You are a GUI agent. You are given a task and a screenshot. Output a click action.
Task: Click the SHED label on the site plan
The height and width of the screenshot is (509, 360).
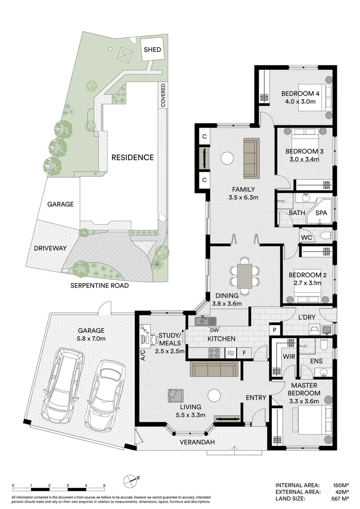152,49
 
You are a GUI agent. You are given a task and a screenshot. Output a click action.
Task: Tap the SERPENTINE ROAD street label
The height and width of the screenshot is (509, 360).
99,286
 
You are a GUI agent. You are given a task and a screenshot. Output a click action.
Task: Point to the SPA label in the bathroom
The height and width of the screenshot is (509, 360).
321,213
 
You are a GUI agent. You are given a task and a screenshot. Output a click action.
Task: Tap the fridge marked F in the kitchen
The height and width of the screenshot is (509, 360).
245,353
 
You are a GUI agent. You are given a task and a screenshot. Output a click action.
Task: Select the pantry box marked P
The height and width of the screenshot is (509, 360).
275,330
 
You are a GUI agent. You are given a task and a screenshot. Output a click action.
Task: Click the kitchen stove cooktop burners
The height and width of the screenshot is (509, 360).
214,353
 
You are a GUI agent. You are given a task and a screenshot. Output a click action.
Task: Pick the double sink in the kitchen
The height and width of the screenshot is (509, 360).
206,321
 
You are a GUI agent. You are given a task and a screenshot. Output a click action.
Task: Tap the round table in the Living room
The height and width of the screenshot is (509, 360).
214,396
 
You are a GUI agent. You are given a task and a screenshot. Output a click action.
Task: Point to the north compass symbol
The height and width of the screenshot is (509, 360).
130,480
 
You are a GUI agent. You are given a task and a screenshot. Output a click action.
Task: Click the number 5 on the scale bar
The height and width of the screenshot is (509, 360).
104,485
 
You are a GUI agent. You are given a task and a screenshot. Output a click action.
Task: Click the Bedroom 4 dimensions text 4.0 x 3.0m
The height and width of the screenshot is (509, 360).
300,101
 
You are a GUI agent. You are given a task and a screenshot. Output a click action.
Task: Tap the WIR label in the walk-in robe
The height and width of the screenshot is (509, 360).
288,356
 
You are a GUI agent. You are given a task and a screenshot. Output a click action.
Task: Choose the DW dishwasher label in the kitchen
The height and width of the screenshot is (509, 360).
214,330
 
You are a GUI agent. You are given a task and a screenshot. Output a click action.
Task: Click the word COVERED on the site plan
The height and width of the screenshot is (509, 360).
163,95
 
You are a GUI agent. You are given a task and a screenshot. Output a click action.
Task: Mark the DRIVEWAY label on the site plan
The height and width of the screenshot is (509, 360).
50,248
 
